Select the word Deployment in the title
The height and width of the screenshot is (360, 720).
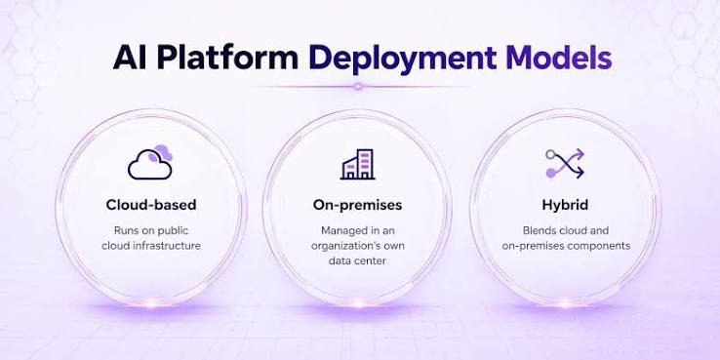click(403, 60)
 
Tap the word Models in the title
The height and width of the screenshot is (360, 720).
click(559, 58)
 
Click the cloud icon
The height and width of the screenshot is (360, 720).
click(150, 163)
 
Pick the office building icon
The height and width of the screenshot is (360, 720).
click(358, 164)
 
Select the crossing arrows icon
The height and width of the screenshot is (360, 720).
click(565, 163)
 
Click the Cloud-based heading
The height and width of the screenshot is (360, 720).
click(151, 205)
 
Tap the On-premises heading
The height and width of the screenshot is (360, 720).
click(357, 205)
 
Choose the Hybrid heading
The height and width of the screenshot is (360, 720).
click(565, 205)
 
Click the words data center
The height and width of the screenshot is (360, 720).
click(357, 260)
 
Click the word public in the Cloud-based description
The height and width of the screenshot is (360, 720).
click(172, 230)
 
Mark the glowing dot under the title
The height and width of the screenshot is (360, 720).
click(358, 86)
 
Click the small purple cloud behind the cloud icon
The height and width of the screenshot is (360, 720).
click(163, 152)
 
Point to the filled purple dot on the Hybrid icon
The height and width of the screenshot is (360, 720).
click(550, 173)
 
